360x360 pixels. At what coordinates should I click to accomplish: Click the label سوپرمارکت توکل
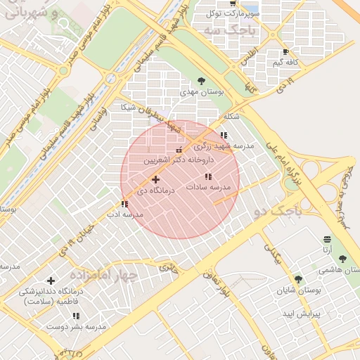coord(233,13)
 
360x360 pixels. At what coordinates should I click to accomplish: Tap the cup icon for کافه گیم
coord(285,52)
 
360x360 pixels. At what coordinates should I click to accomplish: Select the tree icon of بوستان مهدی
coord(202,81)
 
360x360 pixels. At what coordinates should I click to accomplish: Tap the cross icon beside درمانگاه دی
coord(155,180)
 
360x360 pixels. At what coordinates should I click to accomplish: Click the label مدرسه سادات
coord(209,187)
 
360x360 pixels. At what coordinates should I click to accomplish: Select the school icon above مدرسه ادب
coord(124,204)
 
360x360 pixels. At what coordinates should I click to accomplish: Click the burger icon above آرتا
coord(327,239)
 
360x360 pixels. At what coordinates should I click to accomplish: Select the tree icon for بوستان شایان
coord(298,279)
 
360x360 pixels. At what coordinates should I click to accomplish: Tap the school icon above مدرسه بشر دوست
coord(76,316)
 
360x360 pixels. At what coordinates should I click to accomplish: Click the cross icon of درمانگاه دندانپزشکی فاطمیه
coord(51,281)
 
